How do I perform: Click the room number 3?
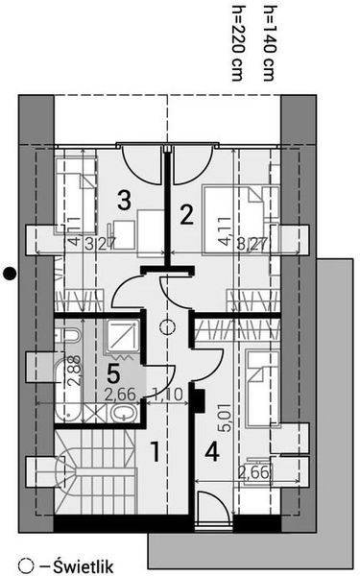[x=123, y=200]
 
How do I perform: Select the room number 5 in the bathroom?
[x=112, y=368]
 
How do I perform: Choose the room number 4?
[x=212, y=448]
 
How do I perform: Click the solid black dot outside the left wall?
[x=9, y=272]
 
